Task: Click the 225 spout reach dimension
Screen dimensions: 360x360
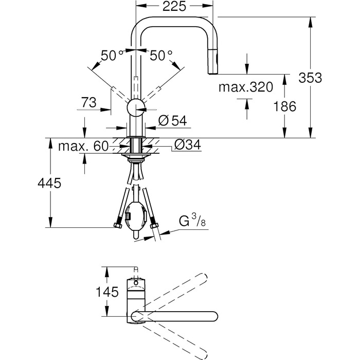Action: (x=174, y=6)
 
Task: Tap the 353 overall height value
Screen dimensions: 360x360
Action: (x=310, y=78)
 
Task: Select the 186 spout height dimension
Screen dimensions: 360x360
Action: (x=285, y=106)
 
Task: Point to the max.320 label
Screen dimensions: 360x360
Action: (x=246, y=87)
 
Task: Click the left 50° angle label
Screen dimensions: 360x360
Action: (x=112, y=56)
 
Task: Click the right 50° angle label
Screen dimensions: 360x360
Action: (x=161, y=56)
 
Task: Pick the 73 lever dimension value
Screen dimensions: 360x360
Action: (x=89, y=102)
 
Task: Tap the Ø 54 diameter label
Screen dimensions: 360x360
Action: (x=173, y=120)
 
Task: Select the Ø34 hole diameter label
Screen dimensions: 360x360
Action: (x=188, y=145)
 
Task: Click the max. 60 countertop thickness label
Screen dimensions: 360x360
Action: (x=83, y=146)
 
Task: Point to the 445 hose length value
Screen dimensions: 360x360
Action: (x=49, y=183)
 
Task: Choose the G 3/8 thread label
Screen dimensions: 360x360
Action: (x=192, y=221)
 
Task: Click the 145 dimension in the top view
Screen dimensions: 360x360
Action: (x=107, y=292)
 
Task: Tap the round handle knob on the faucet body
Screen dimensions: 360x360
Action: (x=136, y=108)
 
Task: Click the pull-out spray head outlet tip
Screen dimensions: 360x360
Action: (x=212, y=73)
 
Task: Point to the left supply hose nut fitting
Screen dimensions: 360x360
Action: (x=118, y=225)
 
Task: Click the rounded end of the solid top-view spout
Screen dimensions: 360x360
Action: (x=213, y=317)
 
